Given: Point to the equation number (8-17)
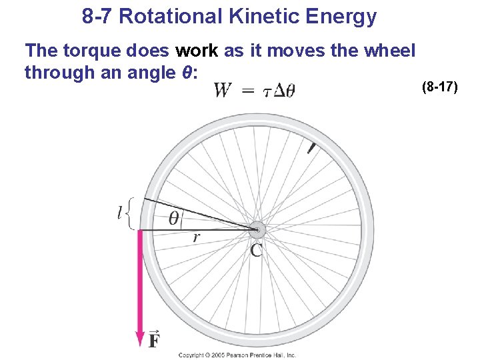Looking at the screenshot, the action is click(440, 87).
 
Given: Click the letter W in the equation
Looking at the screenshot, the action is click(223, 90).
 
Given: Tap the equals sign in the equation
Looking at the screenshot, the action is click(248, 91).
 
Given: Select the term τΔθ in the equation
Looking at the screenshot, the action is click(279, 91).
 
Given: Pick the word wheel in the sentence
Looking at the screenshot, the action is click(391, 51).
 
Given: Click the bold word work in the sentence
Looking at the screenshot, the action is click(193, 51).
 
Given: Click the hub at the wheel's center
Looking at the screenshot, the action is click(257, 231).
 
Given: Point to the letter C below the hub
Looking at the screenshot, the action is click(257, 251).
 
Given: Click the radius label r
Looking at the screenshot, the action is click(197, 236).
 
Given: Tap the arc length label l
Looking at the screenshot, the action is click(121, 213).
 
